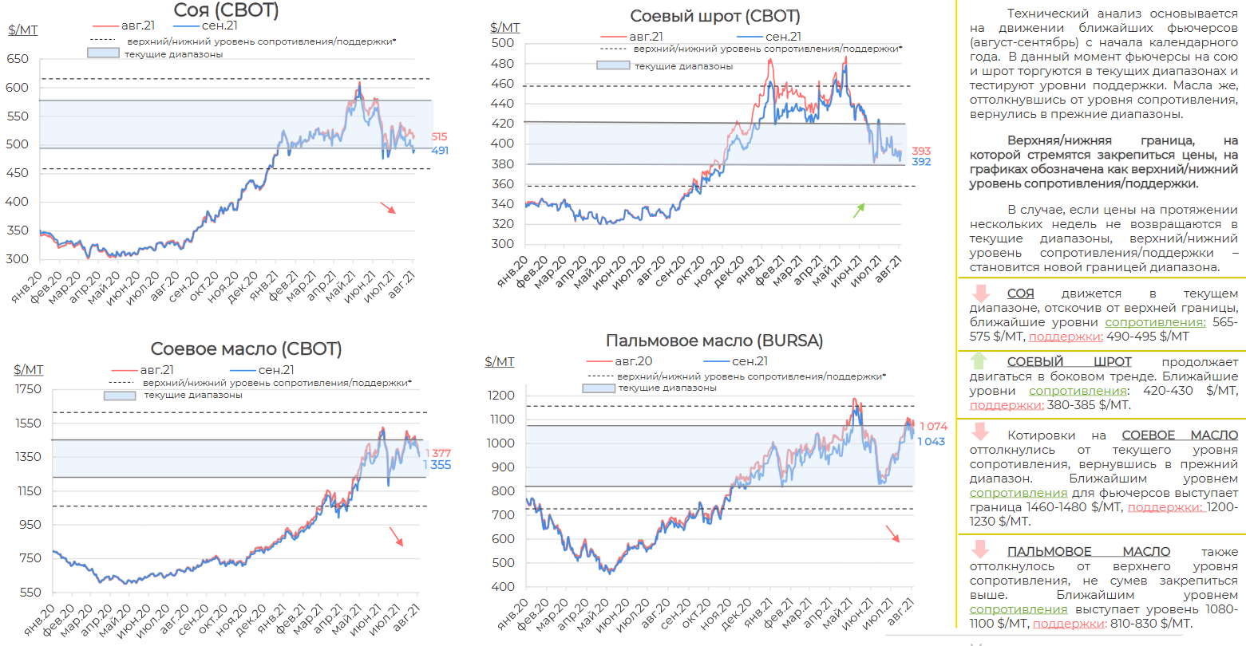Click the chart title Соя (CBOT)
pos(226,10)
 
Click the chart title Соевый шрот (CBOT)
pos(714,16)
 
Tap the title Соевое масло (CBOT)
pos(246,349)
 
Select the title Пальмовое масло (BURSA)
pos(714,341)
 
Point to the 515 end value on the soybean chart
pos(439,137)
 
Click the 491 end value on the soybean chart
pos(440,151)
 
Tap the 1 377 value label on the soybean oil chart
pos(438,453)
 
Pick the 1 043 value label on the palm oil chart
pos(931,442)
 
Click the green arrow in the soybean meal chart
pos(859,211)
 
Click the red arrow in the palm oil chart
pos(892,534)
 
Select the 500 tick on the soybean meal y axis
pos(503,43)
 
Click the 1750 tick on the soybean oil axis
pos(28,389)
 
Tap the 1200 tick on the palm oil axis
pos(502,396)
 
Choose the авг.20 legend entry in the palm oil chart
pos(633,361)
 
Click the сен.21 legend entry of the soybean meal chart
pos(782,37)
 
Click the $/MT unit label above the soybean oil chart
pos(28,370)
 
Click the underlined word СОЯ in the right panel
pos(1020,293)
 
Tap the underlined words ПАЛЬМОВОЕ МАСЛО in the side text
pos(1088,552)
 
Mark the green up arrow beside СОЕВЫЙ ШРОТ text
pos(979,360)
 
